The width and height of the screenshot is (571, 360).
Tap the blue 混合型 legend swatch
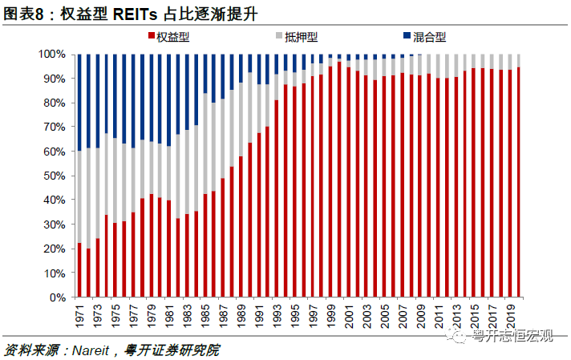click(x=407, y=37)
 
